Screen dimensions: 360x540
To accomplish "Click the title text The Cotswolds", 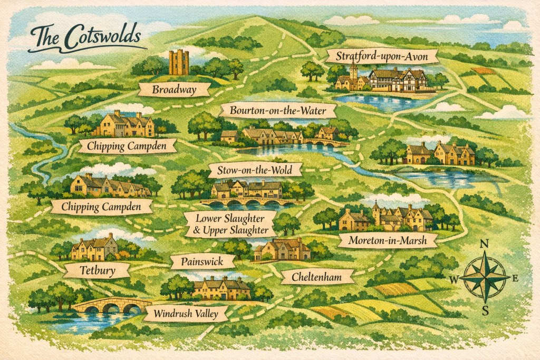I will (x=85, y=38).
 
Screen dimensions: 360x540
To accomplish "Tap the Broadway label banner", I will (x=173, y=90).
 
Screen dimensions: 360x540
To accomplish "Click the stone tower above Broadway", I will (x=179, y=63).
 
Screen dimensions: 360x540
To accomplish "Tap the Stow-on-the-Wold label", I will (x=255, y=170).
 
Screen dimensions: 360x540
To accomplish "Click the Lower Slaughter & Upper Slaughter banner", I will (x=230, y=224).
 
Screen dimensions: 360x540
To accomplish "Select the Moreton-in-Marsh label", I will (x=387, y=241).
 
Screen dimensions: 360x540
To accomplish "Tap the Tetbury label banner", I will (x=97, y=270).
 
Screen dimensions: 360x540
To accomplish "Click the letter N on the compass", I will (x=485, y=244).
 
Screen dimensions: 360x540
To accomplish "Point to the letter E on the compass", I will (x=515, y=278).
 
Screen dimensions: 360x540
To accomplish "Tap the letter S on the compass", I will (x=485, y=312).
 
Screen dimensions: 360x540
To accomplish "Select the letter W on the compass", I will (x=454, y=278).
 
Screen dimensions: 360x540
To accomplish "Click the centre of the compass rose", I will (x=485, y=277).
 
